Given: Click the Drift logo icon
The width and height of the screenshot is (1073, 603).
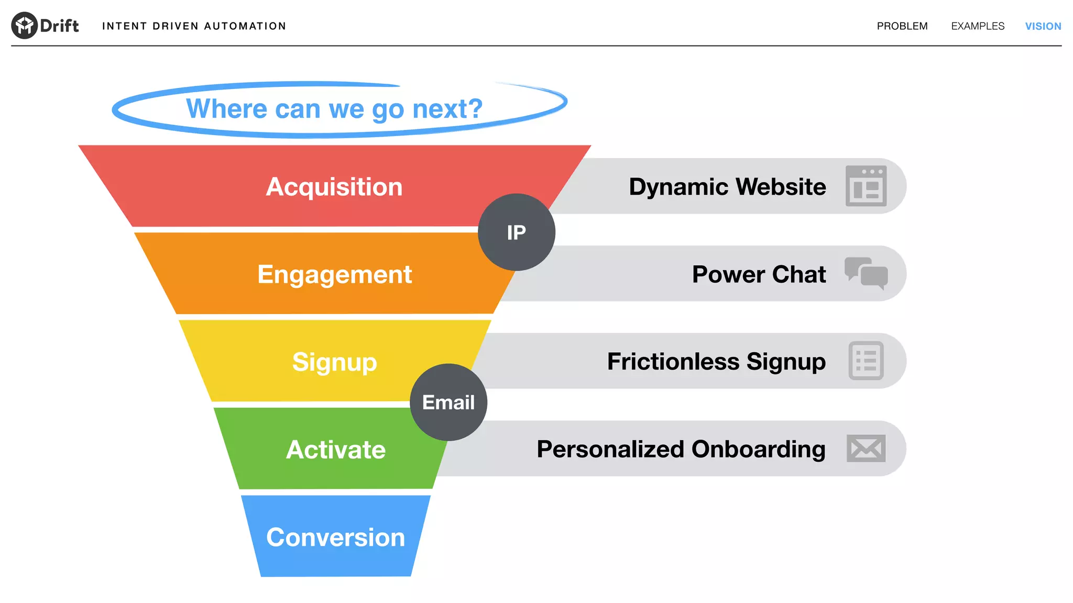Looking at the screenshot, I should [24, 25].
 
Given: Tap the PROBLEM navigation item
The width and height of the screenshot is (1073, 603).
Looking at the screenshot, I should [902, 26].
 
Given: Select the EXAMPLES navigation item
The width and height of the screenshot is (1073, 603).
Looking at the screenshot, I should [977, 26].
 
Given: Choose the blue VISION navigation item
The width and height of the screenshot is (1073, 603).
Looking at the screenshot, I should [1043, 26].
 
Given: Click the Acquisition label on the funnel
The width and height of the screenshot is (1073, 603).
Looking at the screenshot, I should [334, 187].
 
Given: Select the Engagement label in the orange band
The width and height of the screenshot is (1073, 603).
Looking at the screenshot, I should [334, 274].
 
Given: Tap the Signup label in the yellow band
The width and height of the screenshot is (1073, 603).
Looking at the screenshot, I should [334, 362].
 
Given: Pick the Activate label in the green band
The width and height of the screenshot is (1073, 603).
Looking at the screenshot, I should [335, 450].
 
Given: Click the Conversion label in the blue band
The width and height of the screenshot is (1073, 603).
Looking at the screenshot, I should [335, 537].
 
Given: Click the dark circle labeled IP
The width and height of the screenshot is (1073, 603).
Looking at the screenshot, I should [516, 232].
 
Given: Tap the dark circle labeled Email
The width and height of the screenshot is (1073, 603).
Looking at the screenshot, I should [448, 402].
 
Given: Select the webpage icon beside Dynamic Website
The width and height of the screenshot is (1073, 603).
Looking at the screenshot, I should [866, 186].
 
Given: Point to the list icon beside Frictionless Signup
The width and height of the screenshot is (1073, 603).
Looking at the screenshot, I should [866, 361].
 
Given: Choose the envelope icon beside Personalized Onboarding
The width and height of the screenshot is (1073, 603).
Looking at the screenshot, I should [866, 448].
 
